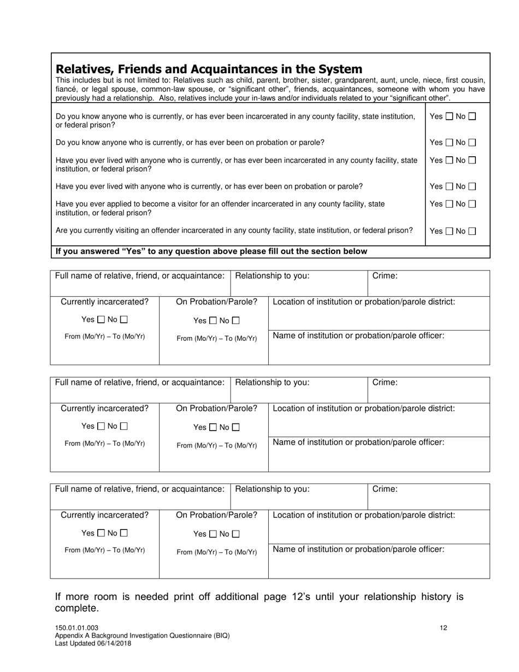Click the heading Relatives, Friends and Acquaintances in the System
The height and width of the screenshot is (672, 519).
pyautogui.click(x=209, y=69)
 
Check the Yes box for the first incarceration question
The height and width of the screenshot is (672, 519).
pyautogui.click(x=449, y=116)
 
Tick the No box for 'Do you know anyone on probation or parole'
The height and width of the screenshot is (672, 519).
pyautogui.click(x=473, y=143)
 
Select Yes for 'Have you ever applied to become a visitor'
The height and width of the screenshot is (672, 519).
pyautogui.click(x=449, y=204)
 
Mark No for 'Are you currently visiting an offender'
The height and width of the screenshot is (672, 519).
pyautogui.click(x=473, y=231)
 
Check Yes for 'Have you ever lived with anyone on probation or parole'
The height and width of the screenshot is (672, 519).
pyautogui.click(x=449, y=187)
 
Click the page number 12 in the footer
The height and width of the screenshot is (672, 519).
pyautogui.click(x=444, y=628)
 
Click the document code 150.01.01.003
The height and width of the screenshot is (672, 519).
pyautogui.click(x=77, y=628)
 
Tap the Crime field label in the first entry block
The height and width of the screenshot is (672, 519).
pyautogui.click(x=385, y=276)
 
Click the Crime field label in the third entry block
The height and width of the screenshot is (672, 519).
pyautogui.click(x=385, y=489)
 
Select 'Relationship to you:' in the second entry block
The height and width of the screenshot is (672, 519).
pyautogui.click(x=272, y=382)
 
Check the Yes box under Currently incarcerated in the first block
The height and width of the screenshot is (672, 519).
pyautogui.click(x=101, y=320)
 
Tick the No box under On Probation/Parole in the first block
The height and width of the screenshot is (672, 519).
pyautogui.click(x=236, y=321)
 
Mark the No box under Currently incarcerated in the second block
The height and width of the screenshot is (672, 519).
pyautogui.click(x=124, y=426)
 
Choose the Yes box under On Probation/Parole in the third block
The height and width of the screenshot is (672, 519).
pyautogui.click(x=213, y=534)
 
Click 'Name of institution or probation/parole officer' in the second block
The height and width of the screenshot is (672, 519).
pyautogui.click(x=358, y=442)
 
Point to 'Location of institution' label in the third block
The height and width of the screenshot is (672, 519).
pyautogui.click(x=363, y=515)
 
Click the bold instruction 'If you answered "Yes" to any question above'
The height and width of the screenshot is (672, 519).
pyautogui.click(x=211, y=251)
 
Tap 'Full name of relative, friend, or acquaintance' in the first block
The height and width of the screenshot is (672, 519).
pyautogui.click(x=140, y=276)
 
